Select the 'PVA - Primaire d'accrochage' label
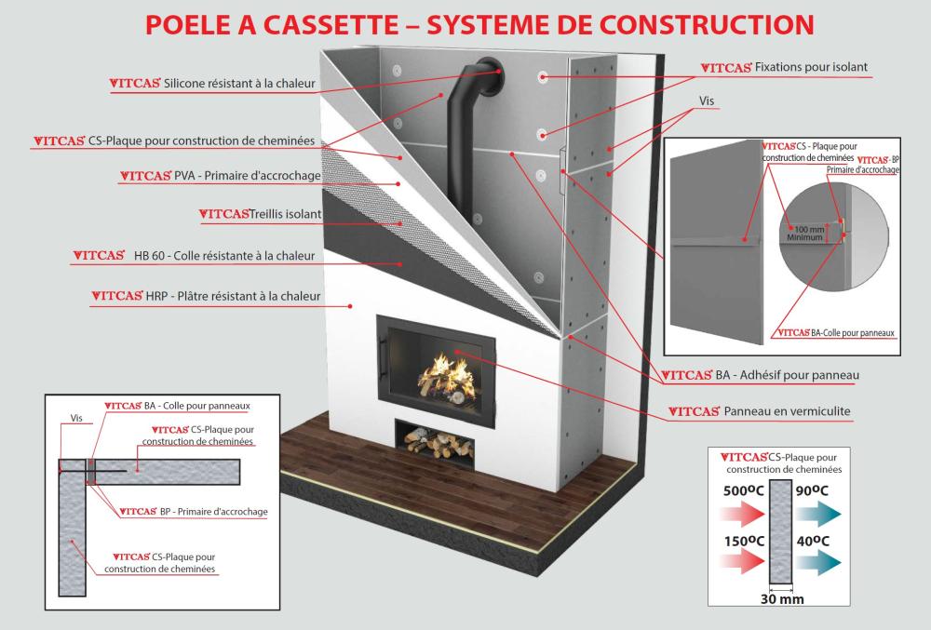[248, 176]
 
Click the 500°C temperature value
[740, 491]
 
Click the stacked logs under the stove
[437, 443]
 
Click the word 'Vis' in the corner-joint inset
[75, 419]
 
